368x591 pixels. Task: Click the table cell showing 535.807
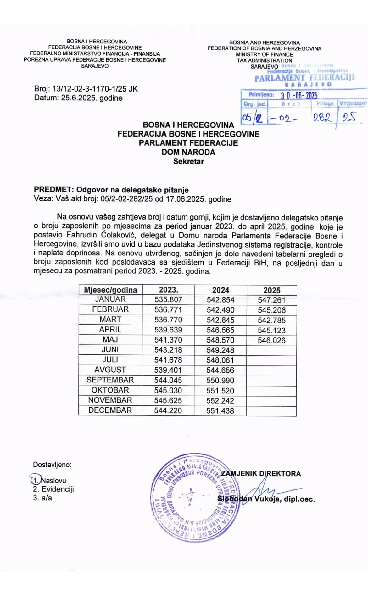[168, 299]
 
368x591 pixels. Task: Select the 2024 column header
[220, 290]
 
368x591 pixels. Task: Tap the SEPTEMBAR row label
[110, 380]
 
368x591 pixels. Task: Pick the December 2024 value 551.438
[220, 410]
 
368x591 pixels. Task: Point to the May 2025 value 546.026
[271, 340]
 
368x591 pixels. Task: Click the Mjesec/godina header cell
[110, 290]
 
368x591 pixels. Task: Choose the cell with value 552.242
[220, 400]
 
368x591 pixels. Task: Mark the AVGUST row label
[110, 370]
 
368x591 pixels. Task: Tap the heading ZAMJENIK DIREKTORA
[261, 474]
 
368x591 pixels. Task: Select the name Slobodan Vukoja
[248, 499]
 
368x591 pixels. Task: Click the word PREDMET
[53, 190]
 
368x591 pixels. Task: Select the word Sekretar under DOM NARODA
[188, 161]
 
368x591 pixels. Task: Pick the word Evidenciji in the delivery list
[58, 489]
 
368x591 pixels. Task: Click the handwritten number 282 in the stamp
[322, 118]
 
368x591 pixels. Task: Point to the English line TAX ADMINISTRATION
[264, 60]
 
